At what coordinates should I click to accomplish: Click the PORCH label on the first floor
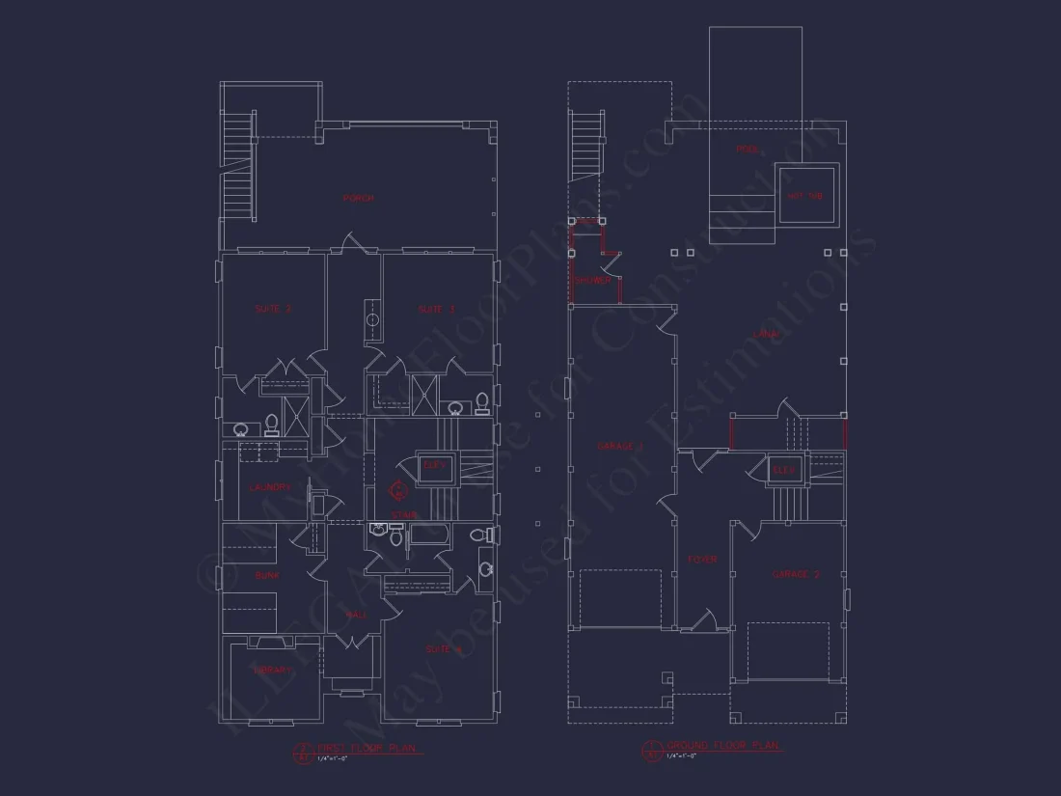358,199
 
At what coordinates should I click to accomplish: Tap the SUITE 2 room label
273,310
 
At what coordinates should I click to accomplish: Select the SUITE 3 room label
436,310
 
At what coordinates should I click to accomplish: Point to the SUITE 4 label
445,649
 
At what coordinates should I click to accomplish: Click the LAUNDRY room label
269,488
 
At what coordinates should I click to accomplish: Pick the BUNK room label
267,575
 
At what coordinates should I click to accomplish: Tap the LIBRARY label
272,670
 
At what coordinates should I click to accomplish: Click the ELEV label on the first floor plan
435,465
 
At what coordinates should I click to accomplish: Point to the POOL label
748,150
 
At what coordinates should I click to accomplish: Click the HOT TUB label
805,196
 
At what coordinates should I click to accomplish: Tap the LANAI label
767,334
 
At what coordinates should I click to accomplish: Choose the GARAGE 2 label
796,574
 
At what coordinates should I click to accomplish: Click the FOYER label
702,560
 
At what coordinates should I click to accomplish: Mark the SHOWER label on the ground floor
593,282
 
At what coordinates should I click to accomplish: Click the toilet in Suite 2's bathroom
272,423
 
